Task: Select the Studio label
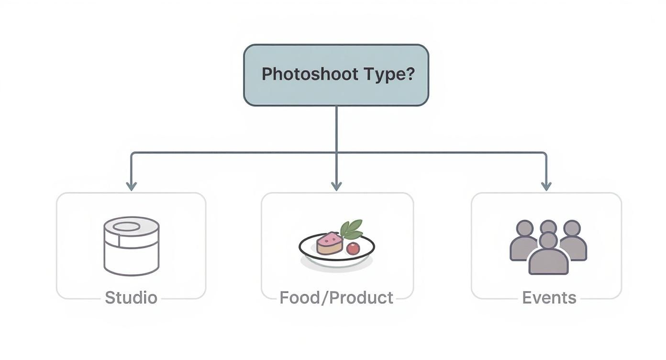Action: (131, 298)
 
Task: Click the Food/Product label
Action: (336, 298)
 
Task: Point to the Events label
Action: (549, 298)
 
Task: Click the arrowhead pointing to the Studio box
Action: (131, 186)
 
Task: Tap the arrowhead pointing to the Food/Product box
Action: (336, 186)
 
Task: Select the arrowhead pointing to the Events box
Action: (546, 186)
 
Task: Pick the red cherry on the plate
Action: (353, 248)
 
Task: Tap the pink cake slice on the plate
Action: (330, 243)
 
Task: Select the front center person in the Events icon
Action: (548, 256)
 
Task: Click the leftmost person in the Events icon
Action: (523, 242)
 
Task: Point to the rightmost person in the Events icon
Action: (573, 242)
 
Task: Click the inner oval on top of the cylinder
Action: (127, 226)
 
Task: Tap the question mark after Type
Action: (409, 74)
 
